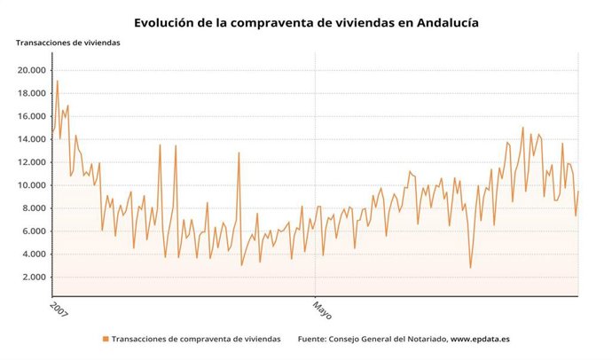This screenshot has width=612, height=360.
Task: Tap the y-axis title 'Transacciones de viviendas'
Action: (67, 43)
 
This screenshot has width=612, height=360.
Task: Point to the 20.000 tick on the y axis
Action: (31, 70)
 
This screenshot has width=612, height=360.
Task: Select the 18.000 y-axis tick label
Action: (31, 93)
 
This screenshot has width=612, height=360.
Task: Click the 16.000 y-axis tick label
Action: (31, 116)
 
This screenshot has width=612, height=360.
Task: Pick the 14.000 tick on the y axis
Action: (31, 139)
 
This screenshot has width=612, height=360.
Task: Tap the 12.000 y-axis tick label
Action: (31, 162)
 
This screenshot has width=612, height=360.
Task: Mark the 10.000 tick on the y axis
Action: (31, 185)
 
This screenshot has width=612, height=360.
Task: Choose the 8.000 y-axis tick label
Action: (34, 208)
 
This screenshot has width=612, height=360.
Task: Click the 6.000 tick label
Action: (34, 231)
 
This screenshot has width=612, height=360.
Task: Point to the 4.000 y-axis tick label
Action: (34, 254)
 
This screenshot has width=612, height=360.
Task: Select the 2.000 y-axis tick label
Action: (34, 278)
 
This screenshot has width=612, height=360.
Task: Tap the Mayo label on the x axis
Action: (322, 309)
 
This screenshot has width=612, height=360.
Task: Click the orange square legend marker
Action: (106, 339)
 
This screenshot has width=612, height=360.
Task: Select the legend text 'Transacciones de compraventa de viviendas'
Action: (196, 339)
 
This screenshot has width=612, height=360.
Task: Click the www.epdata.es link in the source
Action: (480, 339)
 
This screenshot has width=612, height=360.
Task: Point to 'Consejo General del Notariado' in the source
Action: (388, 339)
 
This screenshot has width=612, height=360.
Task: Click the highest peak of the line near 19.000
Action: (58, 82)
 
